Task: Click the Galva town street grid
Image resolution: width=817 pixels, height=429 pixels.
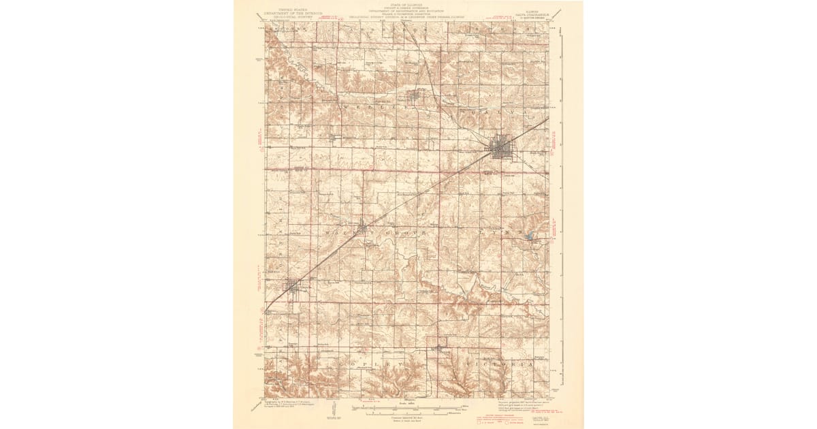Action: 502,146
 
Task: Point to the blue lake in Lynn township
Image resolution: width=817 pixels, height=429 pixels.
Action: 529,236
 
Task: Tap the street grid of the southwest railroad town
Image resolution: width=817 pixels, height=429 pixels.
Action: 293,287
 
